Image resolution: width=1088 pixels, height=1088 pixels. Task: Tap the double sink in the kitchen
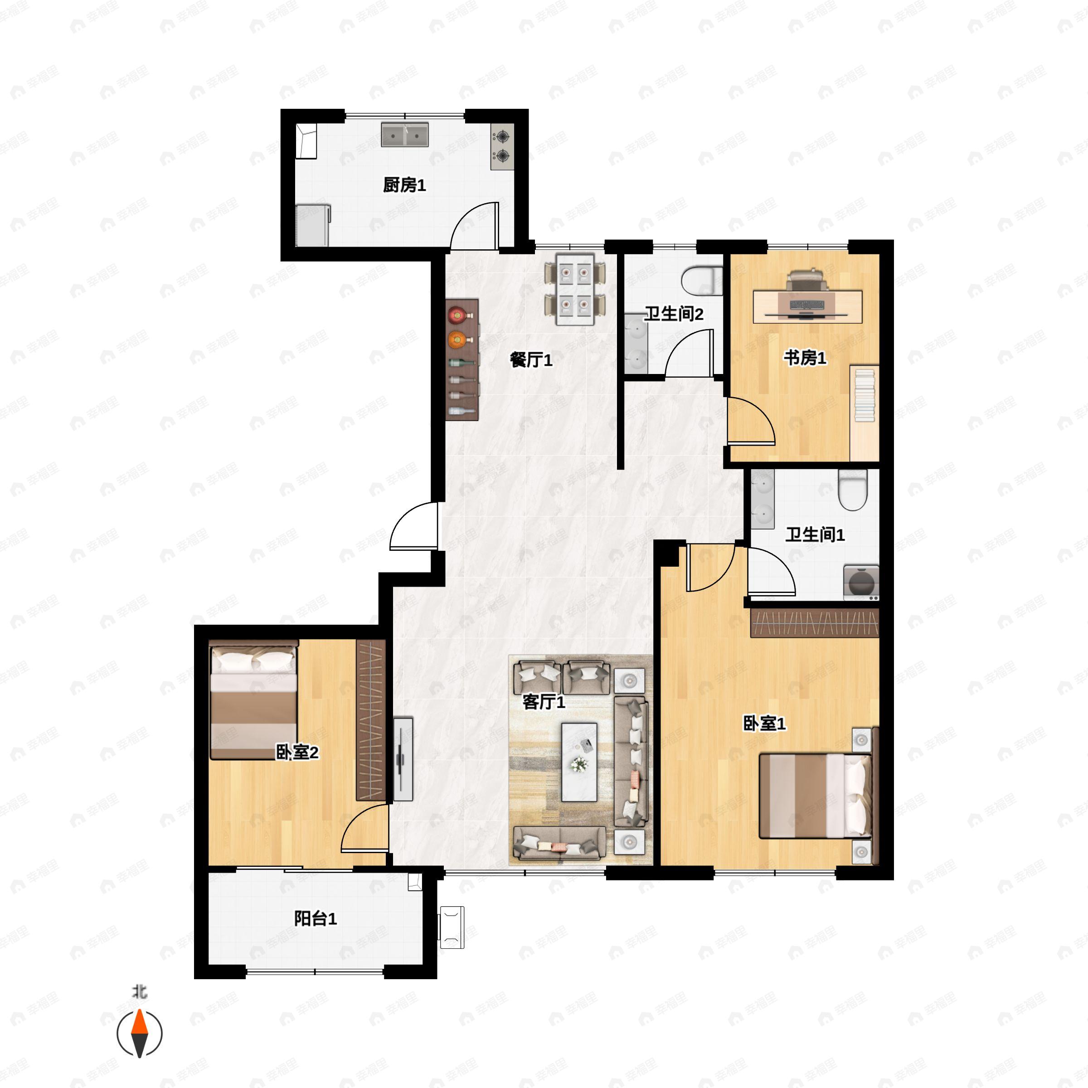coord(404,135)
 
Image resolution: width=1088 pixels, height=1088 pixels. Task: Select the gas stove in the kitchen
coord(502,146)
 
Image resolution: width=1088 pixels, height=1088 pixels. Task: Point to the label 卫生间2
coord(674,314)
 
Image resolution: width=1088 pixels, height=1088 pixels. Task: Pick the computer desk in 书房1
coord(807,306)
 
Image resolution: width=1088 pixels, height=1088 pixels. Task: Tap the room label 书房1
coord(805,358)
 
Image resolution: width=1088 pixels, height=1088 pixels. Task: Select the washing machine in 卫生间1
coord(860,582)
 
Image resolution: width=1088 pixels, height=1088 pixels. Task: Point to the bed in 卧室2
coord(253,702)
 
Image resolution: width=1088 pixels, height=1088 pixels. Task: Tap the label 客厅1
coord(544,702)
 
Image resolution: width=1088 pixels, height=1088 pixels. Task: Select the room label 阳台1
coord(316,919)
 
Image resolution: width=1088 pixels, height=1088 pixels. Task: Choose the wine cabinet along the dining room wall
coord(462,360)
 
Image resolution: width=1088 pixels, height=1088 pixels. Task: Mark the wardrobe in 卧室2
coord(370,720)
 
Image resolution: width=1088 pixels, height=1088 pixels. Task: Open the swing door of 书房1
coord(749,421)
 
